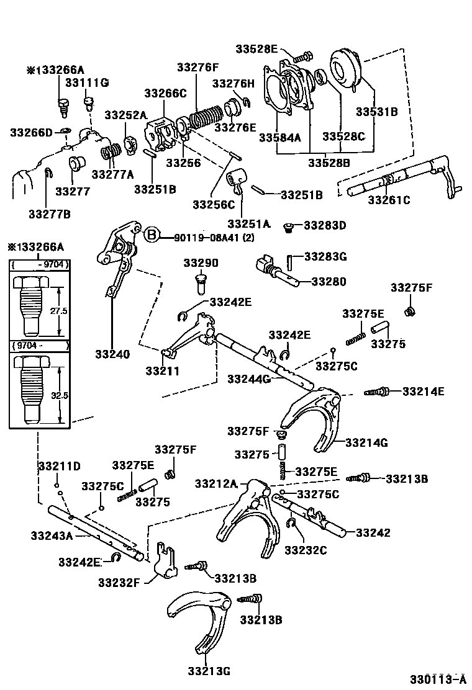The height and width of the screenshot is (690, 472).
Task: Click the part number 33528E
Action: (x=256, y=50)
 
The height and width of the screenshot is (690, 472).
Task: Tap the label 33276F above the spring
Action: (x=197, y=68)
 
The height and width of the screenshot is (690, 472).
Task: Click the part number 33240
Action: (x=112, y=355)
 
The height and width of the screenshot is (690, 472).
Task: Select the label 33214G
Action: (x=366, y=442)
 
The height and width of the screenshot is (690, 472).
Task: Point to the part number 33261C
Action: (x=389, y=200)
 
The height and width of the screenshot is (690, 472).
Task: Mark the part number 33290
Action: (x=201, y=262)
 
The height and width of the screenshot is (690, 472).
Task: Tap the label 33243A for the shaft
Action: (x=52, y=535)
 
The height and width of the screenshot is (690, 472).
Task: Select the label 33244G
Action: (x=248, y=379)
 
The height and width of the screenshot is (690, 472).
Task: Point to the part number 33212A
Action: (x=216, y=483)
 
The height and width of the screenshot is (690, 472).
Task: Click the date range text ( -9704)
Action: (x=40, y=266)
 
